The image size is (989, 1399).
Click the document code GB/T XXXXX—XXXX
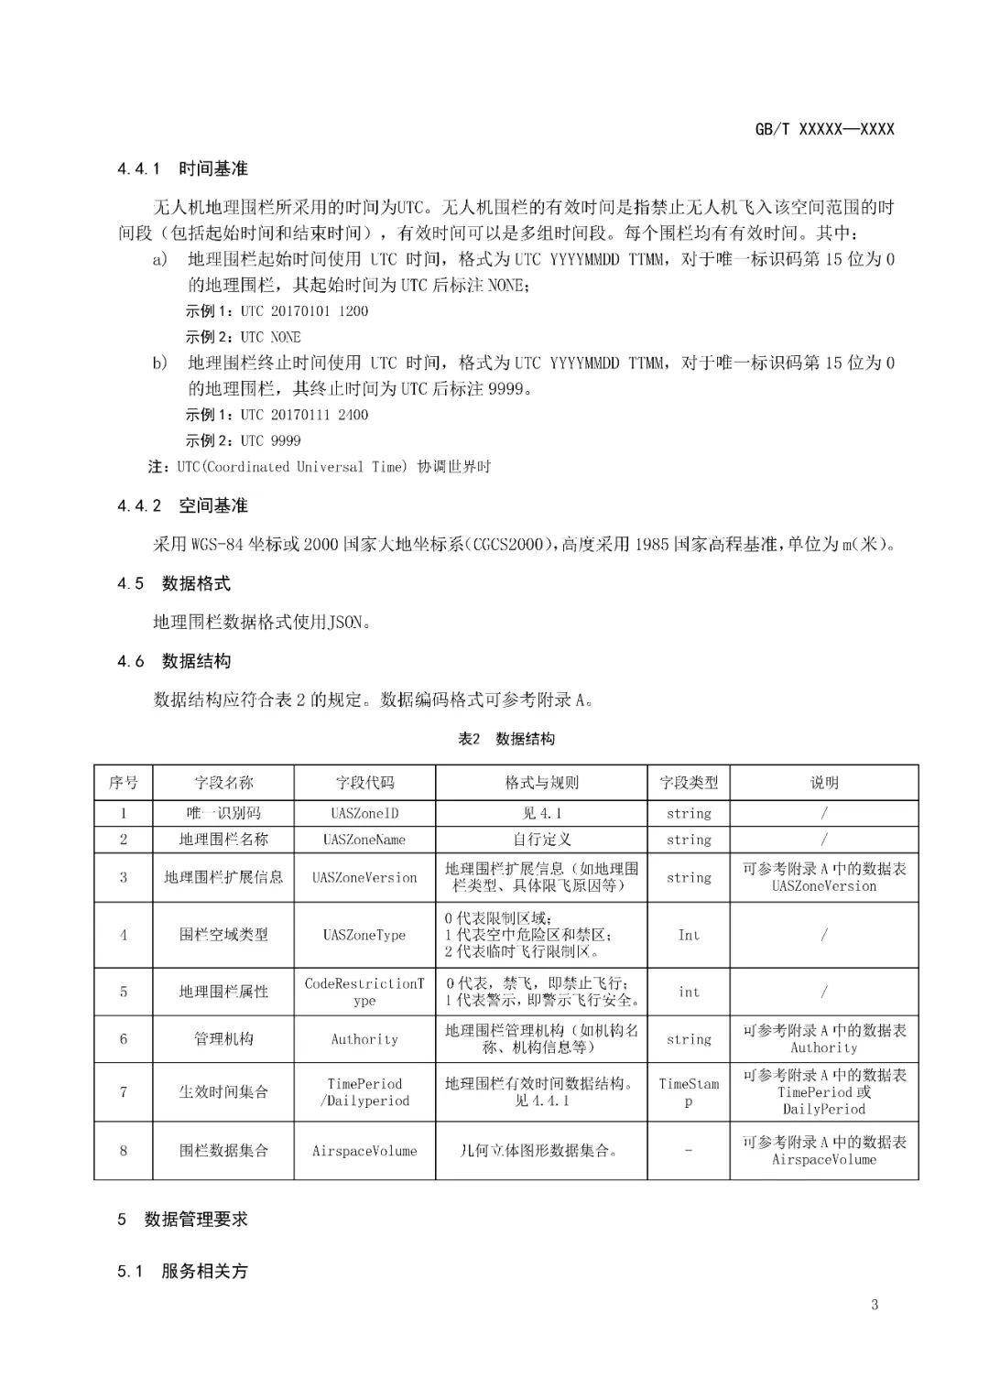click(824, 129)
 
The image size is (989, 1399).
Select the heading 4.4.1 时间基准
click(182, 168)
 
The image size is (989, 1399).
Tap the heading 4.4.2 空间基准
click(182, 505)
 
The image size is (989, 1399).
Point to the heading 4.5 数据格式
click(173, 583)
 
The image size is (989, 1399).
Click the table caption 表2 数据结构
click(505, 739)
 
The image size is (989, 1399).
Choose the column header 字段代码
click(364, 783)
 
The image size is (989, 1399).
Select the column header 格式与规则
click(541, 783)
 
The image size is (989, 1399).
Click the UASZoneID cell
click(364, 813)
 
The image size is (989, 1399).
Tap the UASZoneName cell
click(364, 840)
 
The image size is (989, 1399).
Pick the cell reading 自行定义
click(541, 840)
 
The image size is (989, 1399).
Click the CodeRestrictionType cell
click(364, 992)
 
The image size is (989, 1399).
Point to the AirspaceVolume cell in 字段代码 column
click(364, 1151)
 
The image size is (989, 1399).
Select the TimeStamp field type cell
click(689, 1092)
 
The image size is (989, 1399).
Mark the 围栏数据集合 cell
click(223, 1151)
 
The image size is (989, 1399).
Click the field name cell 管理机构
click(223, 1039)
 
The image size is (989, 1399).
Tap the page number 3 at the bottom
click(875, 1305)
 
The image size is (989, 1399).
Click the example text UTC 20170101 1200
click(304, 311)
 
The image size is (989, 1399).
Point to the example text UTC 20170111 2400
click(304, 415)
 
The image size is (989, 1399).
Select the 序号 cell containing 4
click(124, 935)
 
